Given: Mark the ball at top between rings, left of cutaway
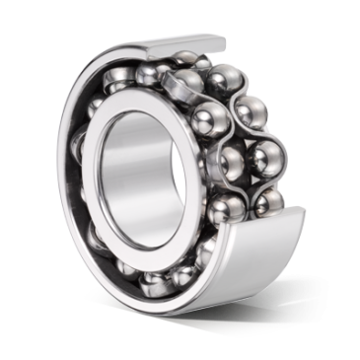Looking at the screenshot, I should [x=148, y=75].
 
